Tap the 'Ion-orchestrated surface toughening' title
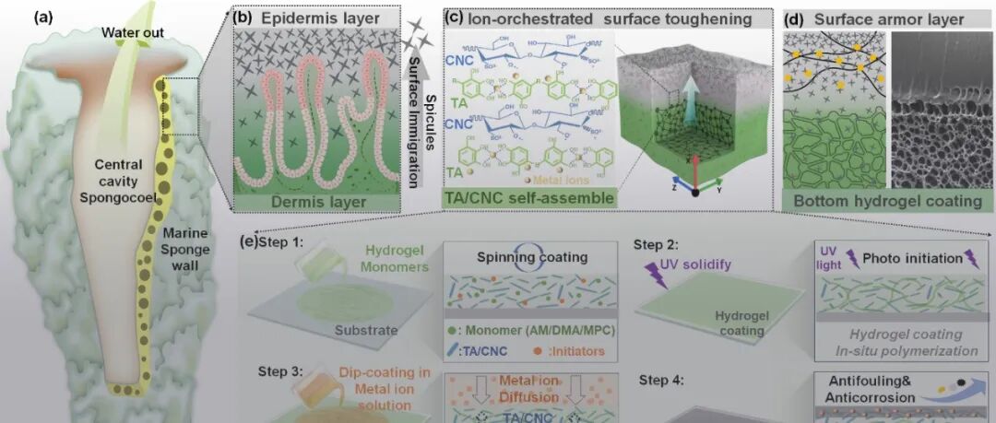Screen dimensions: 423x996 (x=604, y=17)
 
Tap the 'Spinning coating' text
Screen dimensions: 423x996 (x=537, y=257)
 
